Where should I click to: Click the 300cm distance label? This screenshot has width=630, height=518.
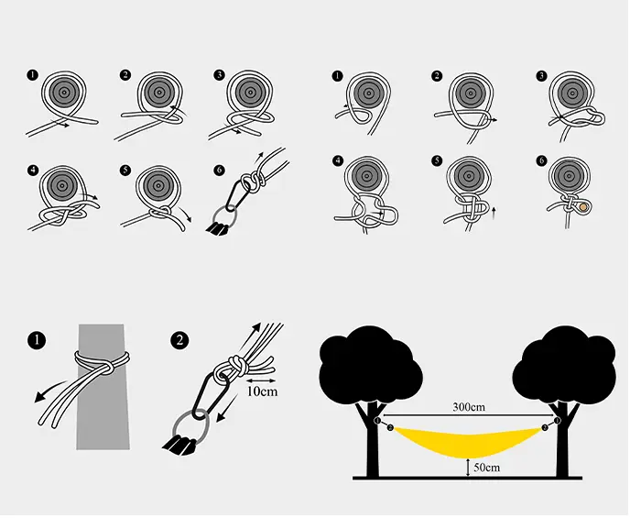tap(469, 407)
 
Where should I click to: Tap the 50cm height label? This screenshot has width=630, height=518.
tap(486, 468)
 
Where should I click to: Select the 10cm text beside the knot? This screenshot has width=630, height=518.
tap(262, 391)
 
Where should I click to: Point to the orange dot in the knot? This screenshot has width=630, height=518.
tap(583, 207)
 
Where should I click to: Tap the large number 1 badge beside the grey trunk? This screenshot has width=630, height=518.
tap(37, 341)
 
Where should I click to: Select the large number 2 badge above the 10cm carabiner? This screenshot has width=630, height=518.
tap(179, 341)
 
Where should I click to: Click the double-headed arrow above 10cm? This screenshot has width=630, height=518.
tap(261, 380)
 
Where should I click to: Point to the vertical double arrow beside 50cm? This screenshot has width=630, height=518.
tap(468, 468)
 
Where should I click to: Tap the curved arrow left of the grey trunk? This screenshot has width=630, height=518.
tap(49, 390)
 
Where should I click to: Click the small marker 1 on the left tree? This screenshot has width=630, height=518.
tap(377, 421)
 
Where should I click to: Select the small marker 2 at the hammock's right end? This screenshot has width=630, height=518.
tap(545, 427)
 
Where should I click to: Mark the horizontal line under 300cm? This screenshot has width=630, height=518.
tap(468, 414)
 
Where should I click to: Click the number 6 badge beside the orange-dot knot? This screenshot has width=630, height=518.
tap(541, 160)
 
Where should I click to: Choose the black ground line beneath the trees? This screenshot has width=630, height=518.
tap(467, 478)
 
